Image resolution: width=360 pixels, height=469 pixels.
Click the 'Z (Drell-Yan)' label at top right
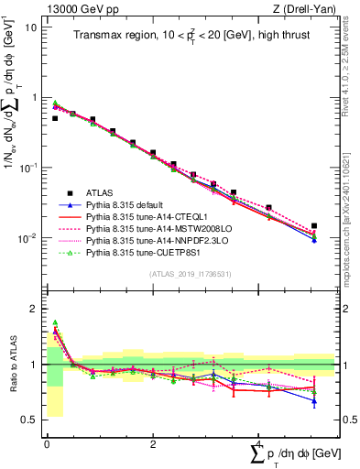pyautogui.click(x=304, y=8)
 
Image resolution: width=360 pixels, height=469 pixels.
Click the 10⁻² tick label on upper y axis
pyautogui.click(x=29, y=239)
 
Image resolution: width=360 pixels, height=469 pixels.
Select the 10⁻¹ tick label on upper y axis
pyautogui.click(x=29, y=169)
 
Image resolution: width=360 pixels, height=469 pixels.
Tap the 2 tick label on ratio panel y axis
pyautogui.click(x=34, y=309)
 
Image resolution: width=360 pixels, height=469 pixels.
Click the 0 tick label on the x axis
pyautogui.click(x=46, y=444)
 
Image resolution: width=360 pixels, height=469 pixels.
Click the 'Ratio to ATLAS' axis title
pyautogui.click(x=11, y=365)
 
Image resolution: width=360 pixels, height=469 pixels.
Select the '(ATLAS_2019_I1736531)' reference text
pyautogui.click(x=190, y=274)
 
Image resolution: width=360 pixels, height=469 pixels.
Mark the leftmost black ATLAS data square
pyautogui.click(x=55, y=118)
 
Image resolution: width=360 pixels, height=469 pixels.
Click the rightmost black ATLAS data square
pyautogui.click(x=314, y=225)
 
